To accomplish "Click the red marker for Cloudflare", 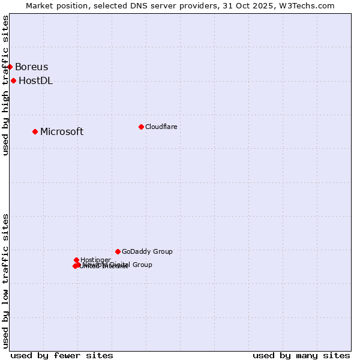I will click(x=141, y=127).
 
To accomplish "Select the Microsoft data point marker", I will click(x=35, y=131).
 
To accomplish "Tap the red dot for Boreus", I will click(x=10, y=67).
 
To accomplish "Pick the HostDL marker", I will click(x=13, y=80).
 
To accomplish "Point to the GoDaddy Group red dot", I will click(x=118, y=251).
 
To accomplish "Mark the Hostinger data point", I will click(x=76, y=260).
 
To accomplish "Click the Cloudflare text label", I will click(x=161, y=127).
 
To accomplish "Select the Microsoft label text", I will click(x=62, y=132).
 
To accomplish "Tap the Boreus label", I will click(x=32, y=67).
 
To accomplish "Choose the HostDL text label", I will click(x=36, y=81).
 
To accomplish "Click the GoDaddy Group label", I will click(x=147, y=252).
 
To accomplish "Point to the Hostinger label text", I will click(x=95, y=260).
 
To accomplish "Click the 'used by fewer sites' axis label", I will click(x=62, y=355).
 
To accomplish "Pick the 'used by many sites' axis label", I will click(x=301, y=355).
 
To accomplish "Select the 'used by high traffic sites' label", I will click(x=5, y=85).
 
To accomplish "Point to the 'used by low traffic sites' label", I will click(x=5, y=281).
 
